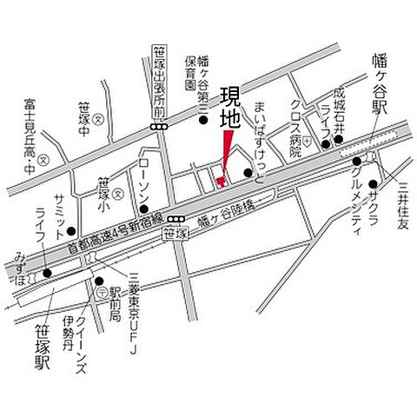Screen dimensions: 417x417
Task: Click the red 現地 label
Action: [229, 106]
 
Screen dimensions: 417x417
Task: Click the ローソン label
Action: [144, 175]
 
